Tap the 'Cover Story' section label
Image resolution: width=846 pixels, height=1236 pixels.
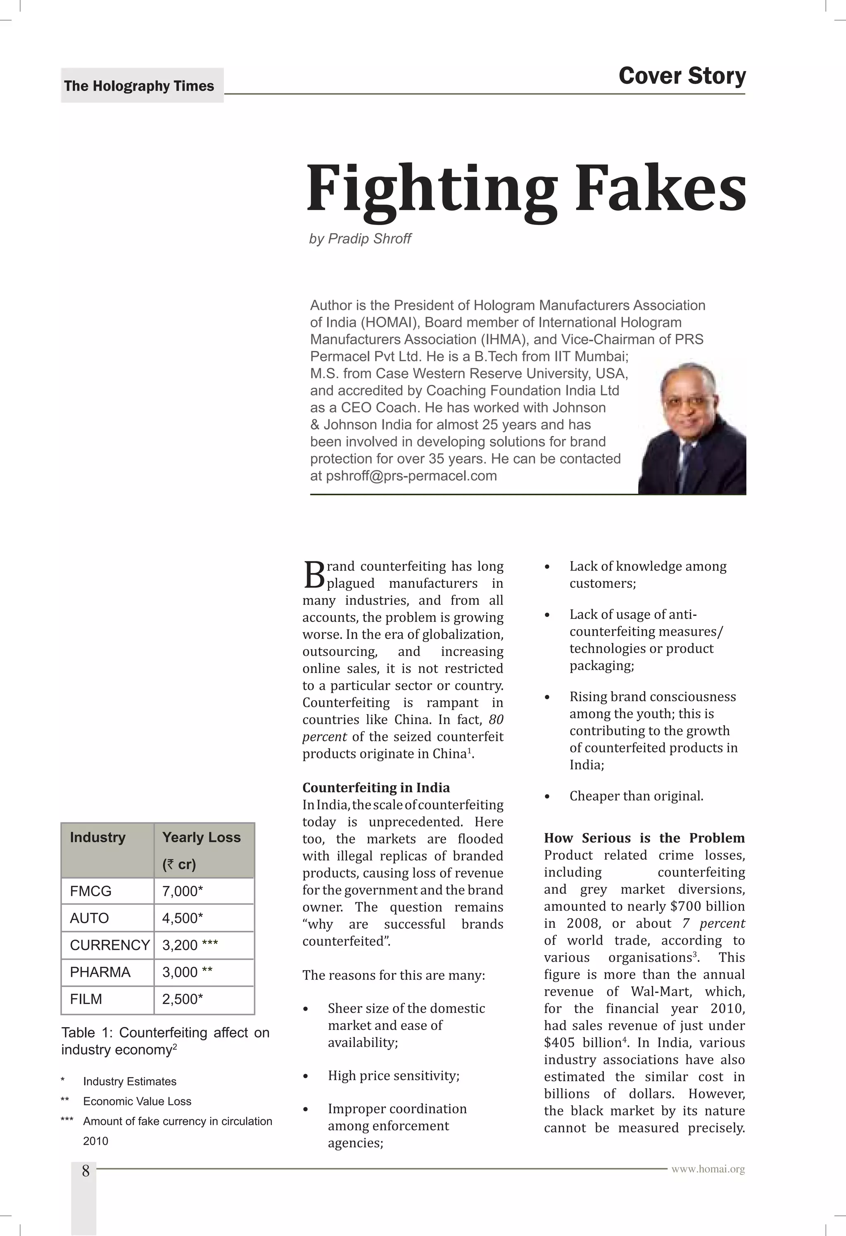[682, 76]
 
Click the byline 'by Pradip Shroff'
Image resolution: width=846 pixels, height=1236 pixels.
[360, 239]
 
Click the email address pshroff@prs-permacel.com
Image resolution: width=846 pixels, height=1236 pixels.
[411, 476]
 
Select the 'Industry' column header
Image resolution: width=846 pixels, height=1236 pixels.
[98, 837]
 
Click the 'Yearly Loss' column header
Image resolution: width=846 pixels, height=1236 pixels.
[201, 837]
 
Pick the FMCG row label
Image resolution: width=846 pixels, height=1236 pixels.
[91, 891]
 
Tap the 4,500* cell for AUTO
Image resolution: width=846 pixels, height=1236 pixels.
[183, 918]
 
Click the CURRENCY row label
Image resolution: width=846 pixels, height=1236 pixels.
[109, 945]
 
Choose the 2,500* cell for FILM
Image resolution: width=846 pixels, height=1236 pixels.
[183, 999]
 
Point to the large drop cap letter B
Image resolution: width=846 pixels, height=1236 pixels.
[314, 575]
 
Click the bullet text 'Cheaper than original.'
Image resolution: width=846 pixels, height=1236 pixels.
[637, 796]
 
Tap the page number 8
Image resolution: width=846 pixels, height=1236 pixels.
[85, 1171]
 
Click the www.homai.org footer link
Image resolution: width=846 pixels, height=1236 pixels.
[708, 1170]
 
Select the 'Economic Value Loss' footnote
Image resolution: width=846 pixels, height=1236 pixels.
[137, 1101]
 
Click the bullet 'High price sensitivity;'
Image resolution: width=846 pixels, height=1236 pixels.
[393, 1076]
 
